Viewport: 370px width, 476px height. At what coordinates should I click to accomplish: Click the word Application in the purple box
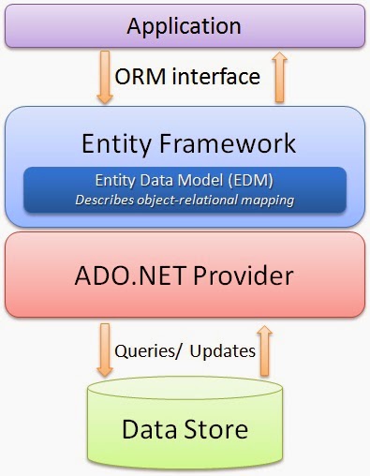(x=184, y=26)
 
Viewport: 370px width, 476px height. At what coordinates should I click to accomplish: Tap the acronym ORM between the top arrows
(x=141, y=77)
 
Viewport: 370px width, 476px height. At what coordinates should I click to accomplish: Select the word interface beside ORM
(x=216, y=76)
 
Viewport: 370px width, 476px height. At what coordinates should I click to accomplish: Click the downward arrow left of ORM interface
(x=105, y=77)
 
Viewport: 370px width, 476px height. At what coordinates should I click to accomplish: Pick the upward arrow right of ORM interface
(x=279, y=77)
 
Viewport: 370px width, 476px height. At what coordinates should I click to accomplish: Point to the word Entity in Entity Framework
(x=117, y=144)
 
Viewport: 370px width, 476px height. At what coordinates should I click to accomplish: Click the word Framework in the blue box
(x=228, y=143)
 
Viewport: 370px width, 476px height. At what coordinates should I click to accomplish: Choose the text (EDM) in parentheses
(x=250, y=180)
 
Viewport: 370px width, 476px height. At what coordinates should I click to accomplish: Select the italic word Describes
(x=105, y=200)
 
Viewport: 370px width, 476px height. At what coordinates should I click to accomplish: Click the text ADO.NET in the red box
(x=130, y=275)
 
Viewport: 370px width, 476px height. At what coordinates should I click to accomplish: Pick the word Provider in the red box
(x=244, y=275)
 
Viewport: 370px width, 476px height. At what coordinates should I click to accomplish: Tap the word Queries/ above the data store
(x=148, y=351)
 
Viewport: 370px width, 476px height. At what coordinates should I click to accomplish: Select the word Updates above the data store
(x=223, y=351)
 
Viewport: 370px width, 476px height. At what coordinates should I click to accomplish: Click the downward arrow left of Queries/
(x=105, y=350)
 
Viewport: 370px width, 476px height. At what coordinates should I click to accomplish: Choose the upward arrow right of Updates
(x=265, y=350)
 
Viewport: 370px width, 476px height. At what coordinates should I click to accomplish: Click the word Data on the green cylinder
(x=150, y=429)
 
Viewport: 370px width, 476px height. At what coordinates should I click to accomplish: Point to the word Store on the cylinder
(x=216, y=429)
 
